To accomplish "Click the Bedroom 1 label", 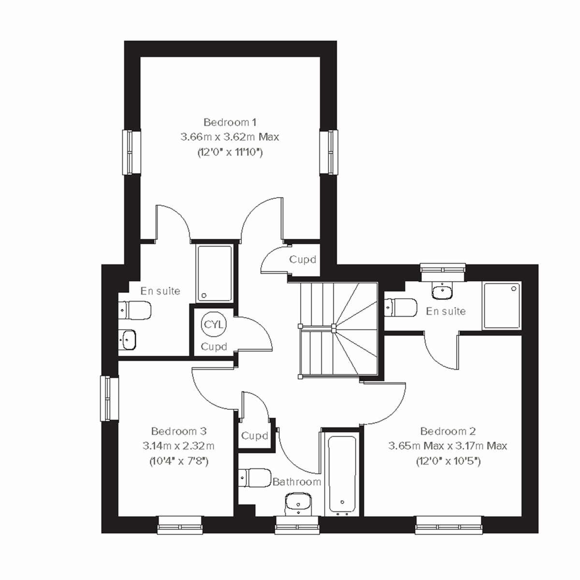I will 230,122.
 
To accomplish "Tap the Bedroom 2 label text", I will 448,431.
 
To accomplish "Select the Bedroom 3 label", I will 179,431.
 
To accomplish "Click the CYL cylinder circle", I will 213,324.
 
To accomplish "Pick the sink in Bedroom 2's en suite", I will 443,291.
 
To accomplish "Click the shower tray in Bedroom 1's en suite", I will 214,274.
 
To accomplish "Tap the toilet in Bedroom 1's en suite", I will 135,308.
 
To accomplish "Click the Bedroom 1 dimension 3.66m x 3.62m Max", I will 230,137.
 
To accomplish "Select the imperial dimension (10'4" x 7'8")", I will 179,461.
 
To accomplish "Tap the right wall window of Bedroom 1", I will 329,152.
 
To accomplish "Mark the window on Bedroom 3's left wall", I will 109,398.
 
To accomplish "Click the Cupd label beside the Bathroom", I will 254,436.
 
